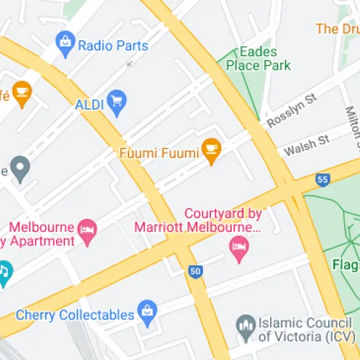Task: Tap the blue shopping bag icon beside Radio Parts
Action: [66, 45]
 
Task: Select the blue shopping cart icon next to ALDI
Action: [117, 103]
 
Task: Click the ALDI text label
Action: [89, 104]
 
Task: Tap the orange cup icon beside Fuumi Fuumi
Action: [211, 150]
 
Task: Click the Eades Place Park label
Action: [258, 58]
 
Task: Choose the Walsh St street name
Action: [306, 145]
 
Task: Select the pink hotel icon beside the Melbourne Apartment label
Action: [88, 231]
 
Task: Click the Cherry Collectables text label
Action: [76, 315]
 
